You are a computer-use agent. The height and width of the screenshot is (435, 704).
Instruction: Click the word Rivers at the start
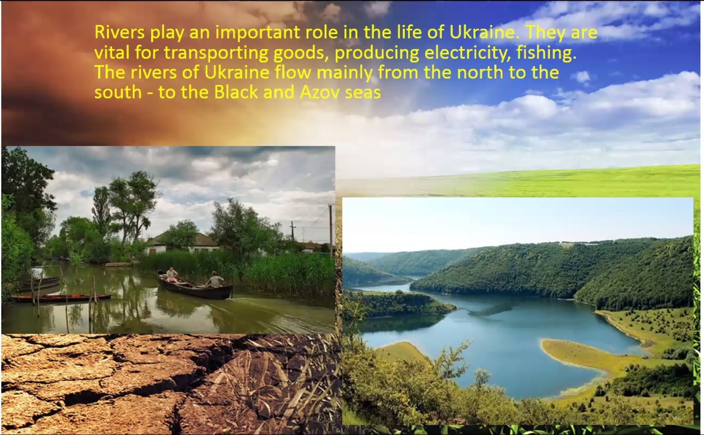[x=119, y=32]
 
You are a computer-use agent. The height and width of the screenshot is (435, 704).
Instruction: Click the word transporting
[x=216, y=53]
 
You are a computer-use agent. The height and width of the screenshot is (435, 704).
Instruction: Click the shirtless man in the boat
[x=172, y=275]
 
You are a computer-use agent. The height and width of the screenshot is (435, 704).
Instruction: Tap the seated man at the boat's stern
[x=215, y=279]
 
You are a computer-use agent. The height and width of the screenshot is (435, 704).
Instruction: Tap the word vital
[x=112, y=53]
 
